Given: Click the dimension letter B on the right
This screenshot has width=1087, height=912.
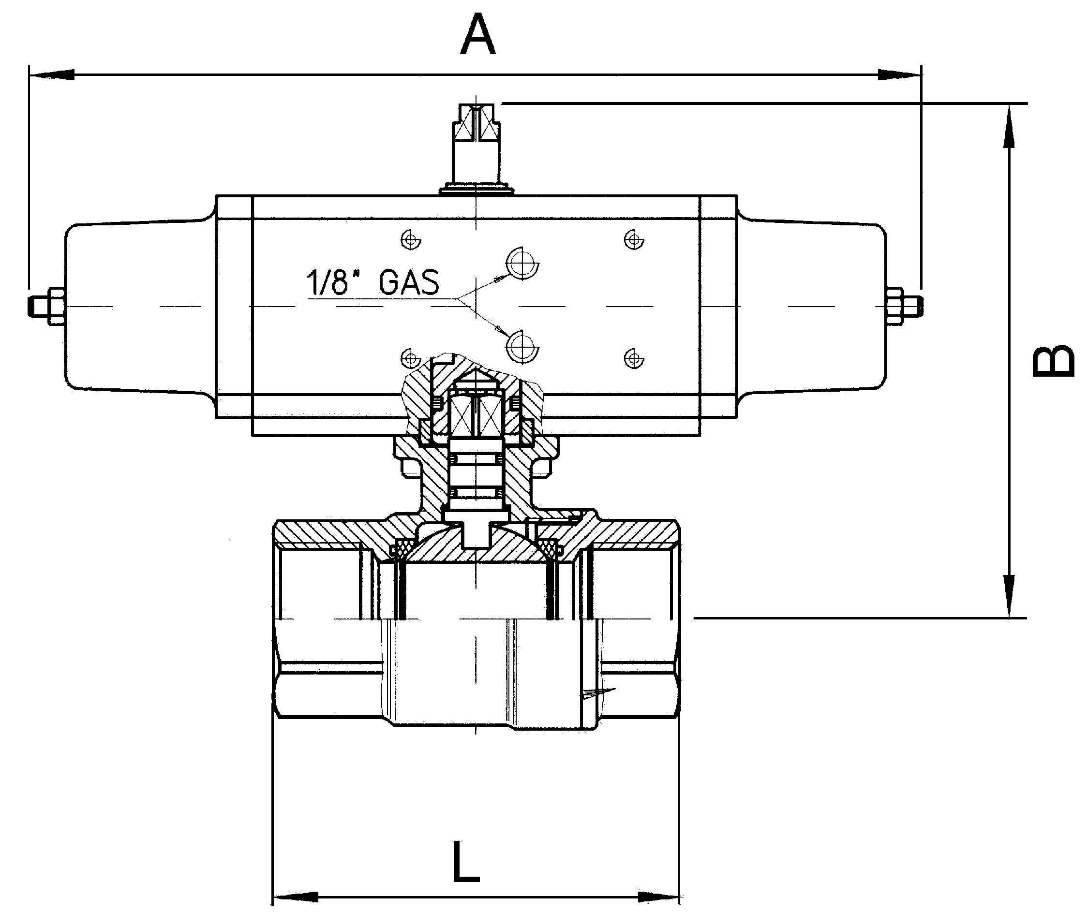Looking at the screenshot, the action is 1052,360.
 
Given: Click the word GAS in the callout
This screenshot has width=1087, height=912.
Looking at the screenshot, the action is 409,282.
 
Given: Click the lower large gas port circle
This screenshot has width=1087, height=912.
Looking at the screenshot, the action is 522,346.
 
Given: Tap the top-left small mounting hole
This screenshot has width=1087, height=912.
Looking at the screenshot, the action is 411,239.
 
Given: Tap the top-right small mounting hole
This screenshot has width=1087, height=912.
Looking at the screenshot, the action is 634,239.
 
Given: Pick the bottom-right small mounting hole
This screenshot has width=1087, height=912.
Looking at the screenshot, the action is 634,358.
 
